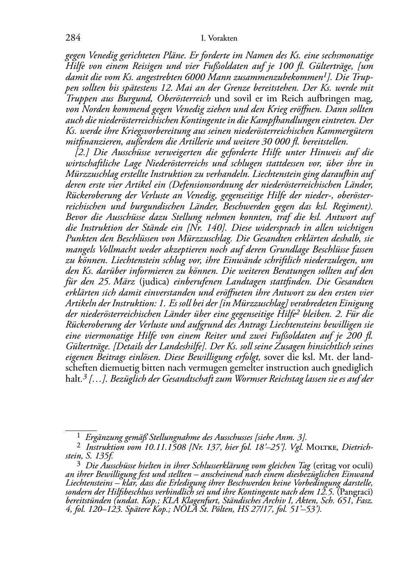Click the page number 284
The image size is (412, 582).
[73, 38]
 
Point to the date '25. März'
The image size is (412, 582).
[122, 282]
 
